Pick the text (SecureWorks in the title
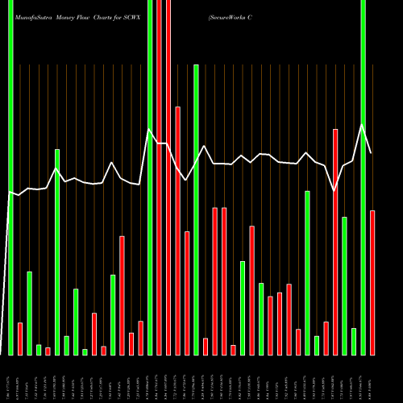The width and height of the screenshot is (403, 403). [x=228, y=15]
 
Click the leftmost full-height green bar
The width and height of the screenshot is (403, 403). [x=10, y=177]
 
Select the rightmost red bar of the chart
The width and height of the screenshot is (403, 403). [x=372, y=282]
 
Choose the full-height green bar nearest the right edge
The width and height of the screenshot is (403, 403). [x=363, y=177]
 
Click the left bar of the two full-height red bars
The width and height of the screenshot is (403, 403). [x=159, y=177]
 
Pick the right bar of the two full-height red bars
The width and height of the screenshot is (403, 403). [x=168, y=177]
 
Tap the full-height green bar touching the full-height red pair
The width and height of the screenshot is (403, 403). [x=150, y=177]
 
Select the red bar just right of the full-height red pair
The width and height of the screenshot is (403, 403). [x=177, y=230]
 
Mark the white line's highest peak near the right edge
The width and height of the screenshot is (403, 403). [x=363, y=125]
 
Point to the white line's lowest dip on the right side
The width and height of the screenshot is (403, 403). [x=335, y=191]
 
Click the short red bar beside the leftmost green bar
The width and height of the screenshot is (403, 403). [x=20, y=339]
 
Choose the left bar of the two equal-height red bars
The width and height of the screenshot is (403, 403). [x=214, y=280]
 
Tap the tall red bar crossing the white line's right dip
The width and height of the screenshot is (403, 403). [x=335, y=242]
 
